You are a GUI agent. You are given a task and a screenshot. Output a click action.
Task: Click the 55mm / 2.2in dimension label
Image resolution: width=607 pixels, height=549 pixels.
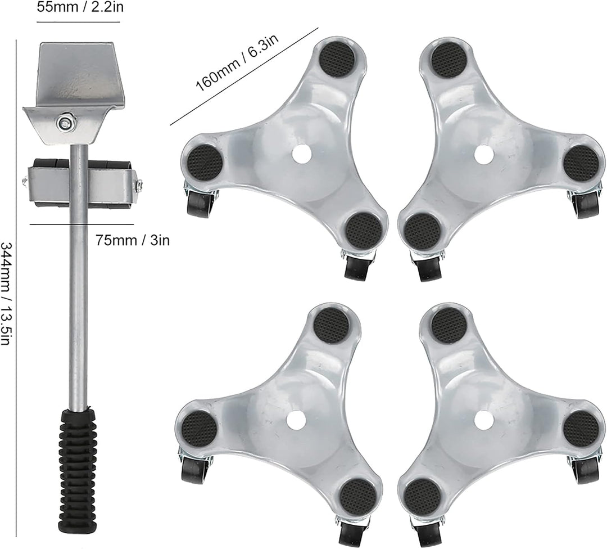tap(80, 7)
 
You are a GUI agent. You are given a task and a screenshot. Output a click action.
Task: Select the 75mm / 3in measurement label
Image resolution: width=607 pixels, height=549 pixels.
tap(133, 241)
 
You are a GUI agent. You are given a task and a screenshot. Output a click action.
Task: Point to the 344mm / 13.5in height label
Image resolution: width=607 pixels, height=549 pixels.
tap(7, 294)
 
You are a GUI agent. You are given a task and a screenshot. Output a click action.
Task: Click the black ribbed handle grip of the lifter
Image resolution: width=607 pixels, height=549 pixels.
tap(77, 447)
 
